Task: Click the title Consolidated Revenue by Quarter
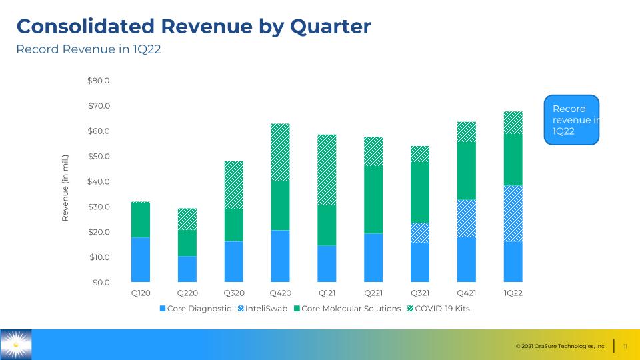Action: coord(193,27)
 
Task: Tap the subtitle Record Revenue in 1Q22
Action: coord(89,49)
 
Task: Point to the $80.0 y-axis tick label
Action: coord(99,81)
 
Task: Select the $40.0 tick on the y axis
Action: coord(99,181)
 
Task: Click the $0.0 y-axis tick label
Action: coord(101,283)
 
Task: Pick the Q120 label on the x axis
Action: coord(141,293)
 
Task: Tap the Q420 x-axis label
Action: coord(281,293)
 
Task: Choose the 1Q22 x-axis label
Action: coord(513,293)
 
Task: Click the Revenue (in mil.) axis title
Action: coord(65,188)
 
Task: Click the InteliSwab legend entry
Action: coord(263,309)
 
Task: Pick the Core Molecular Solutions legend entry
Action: coord(347,309)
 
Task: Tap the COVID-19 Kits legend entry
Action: coord(439,309)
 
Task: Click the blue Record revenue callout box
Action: coord(571,120)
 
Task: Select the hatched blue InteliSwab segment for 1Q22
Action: coord(513,213)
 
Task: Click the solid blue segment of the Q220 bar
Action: coord(187,269)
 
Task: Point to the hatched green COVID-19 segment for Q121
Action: coord(327,170)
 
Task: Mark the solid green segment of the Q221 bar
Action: coord(373,199)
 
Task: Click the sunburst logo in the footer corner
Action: coord(16,345)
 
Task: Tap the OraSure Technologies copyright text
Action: coord(561,346)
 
